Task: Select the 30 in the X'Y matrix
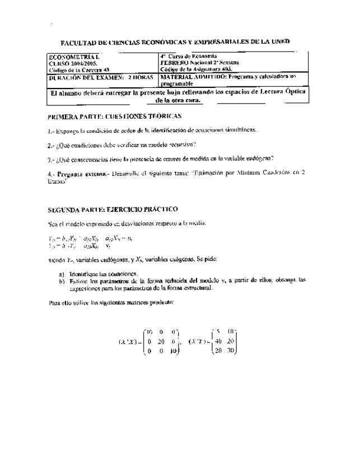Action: tap(231, 351)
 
